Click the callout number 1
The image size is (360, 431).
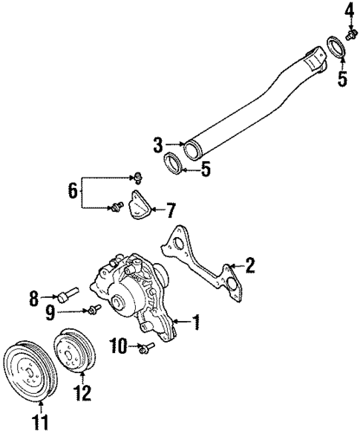click(x=196, y=322)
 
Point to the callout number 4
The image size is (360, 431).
click(x=350, y=10)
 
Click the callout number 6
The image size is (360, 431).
click(x=72, y=190)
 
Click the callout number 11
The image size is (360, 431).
click(x=40, y=424)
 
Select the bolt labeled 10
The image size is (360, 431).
click(x=146, y=346)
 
